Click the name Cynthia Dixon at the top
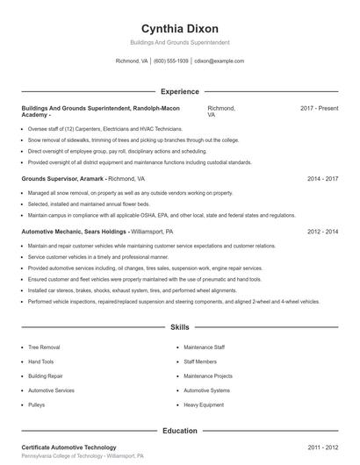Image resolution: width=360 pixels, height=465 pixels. coord(180,28)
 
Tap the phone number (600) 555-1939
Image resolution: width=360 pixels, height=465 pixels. coord(171,61)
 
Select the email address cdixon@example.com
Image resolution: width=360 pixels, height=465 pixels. coord(219,61)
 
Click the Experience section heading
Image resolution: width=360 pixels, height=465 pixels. coord(180,91)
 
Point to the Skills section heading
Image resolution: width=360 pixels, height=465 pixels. coord(180,326)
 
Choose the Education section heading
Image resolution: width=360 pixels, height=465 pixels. coord(180,431)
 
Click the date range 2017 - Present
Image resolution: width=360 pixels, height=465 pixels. coord(319,108)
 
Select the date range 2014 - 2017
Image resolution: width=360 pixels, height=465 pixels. coord(322,178)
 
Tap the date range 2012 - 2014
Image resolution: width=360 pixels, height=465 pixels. coord(322,232)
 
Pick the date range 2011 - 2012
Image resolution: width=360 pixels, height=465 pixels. coord(322,447)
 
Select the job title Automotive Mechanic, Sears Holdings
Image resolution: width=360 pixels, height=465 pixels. coord(75,232)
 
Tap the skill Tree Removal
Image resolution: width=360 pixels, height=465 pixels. coord(44,347)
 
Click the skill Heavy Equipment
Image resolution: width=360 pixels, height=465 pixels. coord(203,404)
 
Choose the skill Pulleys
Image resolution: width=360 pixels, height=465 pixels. coord(36,404)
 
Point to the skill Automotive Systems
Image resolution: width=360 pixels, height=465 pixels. coord(207,390)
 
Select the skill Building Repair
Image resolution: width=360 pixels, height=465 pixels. coord(46,376)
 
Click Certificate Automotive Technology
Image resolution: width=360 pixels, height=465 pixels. coord(68,447)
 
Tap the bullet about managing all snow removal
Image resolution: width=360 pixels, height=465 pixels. coord(130,192)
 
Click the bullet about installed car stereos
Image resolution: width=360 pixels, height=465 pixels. coord(132,290)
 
